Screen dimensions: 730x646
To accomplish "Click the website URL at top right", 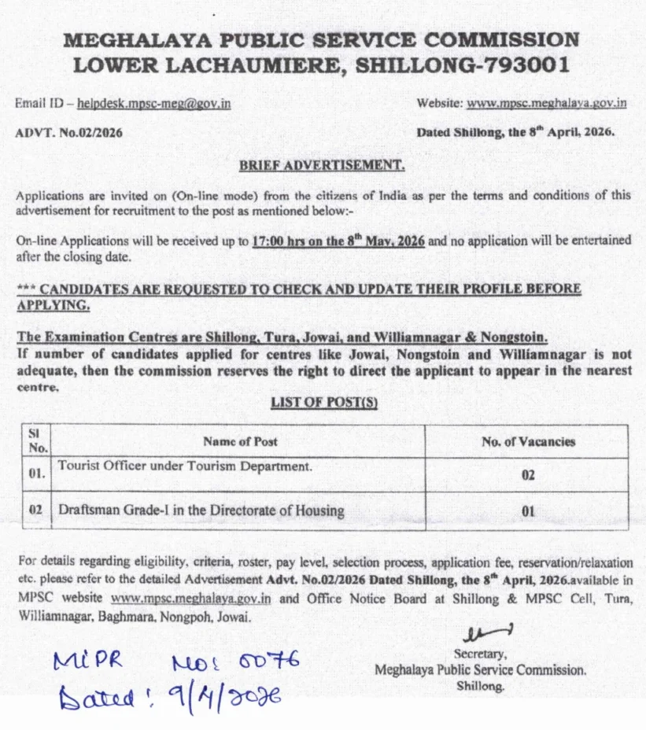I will [x=547, y=103].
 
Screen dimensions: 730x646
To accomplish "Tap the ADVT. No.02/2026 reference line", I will [x=69, y=132].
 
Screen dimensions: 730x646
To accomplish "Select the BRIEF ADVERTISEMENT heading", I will [x=322, y=165].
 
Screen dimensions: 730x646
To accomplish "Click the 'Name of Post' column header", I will [x=240, y=441].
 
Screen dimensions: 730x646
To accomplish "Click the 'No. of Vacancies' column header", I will [x=528, y=441].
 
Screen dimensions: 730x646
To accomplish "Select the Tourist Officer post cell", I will [x=185, y=466].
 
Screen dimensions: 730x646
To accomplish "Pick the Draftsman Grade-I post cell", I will [x=201, y=511].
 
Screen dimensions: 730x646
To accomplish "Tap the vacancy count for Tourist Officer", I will [x=528, y=476].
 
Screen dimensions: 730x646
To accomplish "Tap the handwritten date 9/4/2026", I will [x=217, y=695].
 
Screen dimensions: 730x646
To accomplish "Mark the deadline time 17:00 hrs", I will [x=276, y=241].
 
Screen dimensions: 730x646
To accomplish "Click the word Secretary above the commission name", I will [x=480, y=654].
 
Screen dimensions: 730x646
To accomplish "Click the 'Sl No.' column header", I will [x=38, y=441].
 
